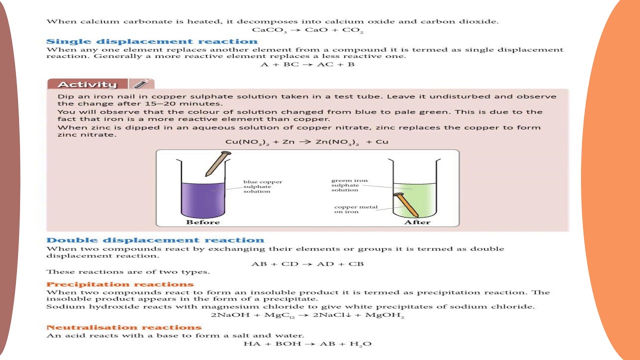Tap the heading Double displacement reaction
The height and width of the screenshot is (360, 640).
click(x=155, y=240)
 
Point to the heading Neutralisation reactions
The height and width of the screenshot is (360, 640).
click(x=123, y=327)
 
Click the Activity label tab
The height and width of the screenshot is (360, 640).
click(x=87, y=84)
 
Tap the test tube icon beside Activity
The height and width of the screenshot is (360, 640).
click(x=141, y=84)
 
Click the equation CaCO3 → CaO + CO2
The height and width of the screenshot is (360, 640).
click(x=307, y=30)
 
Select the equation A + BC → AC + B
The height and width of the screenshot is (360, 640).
click(x=307, y=64)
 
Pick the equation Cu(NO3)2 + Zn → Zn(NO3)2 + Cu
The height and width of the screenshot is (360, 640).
click(x=306, y=142)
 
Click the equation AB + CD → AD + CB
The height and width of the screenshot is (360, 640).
click(x=307, y=263)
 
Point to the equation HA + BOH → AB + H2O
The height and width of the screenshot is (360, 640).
click(x=307, y=344)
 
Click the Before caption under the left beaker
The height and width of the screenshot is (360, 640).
click(x=202, y=222)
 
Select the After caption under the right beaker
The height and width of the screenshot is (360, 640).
click(x=417, y=222)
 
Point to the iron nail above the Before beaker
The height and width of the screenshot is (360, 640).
click(x=217, y=163)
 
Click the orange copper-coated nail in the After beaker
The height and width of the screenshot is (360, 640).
click(x=407, y=205)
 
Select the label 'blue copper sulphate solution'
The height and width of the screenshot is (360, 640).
click(x=262, y=186)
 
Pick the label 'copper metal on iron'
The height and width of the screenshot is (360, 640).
click(x=355, y=209)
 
